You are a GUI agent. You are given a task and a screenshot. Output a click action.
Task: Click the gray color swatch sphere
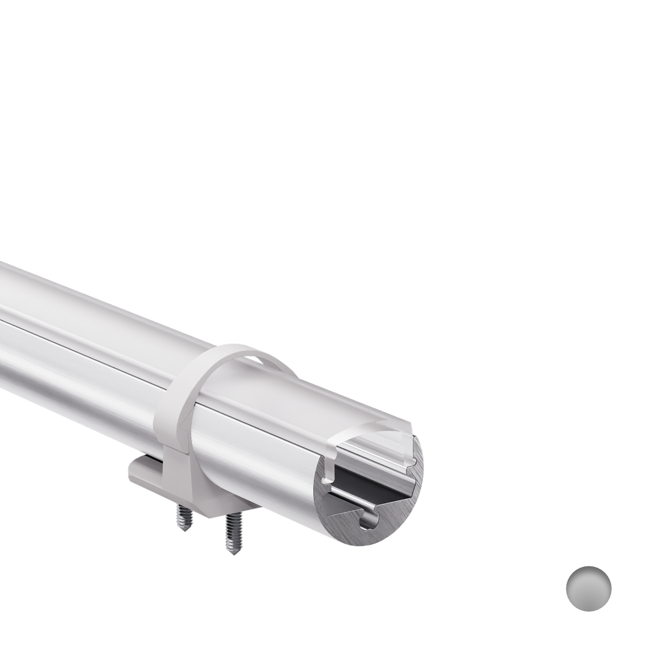tap(588, 588)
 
